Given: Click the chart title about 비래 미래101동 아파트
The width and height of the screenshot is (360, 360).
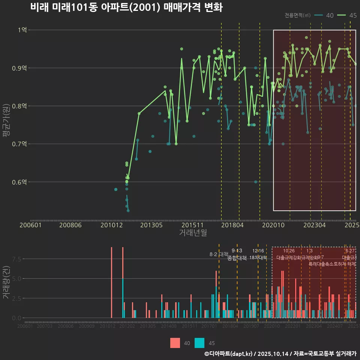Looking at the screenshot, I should point(126,7).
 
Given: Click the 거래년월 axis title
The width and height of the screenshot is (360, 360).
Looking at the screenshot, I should point(193,232).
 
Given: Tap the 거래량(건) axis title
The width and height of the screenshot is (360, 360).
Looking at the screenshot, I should point(6,283).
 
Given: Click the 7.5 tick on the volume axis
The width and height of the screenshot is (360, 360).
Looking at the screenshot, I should point(17,259).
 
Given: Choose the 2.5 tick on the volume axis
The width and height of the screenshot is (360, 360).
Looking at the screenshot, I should point(17,298).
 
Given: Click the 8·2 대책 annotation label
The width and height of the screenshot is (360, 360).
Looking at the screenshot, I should point(219,254).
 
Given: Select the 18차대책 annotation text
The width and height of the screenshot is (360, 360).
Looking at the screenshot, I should point(258,258).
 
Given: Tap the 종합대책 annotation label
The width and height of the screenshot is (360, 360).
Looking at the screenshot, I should point(237,258).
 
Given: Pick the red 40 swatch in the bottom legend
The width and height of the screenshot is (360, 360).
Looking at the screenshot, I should point(175,343).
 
